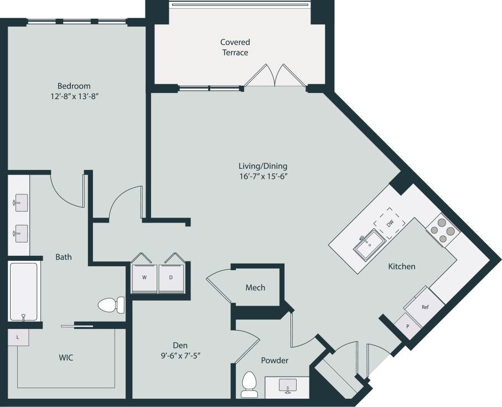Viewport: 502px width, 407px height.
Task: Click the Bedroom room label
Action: pyautogui.click(x=74, y=86)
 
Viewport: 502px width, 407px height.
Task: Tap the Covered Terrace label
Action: pyautogui.click(x=235, y=48)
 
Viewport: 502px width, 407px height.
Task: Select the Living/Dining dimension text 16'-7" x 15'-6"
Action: pyautogui.click(x=263, y=177)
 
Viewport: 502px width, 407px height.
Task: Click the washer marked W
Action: pyautogui.click(x=144, y=277)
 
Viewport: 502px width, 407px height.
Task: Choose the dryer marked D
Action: pyautogui.click(x=171, y=277)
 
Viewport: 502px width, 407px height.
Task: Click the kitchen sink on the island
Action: pyautogui.click(x=369, y=245)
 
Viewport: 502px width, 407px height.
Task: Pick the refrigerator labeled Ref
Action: pyautogui.click(x=425, y=306)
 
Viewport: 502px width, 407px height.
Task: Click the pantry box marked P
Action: pyautogui.click(x=408, y=326)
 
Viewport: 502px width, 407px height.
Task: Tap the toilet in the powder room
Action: pyautogui.click(x=250, y=384)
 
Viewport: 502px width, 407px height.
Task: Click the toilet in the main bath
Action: pyautogui.click(x=111, y=305)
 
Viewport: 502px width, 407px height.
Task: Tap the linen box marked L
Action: pyautogui.click(x=18, y=337)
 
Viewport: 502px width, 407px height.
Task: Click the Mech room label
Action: pyautogui.click(x=255, y=287)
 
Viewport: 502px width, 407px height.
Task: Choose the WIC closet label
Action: pyautogui.click(x=65, y=358)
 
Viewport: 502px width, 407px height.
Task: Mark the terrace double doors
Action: pyautogui.click(x=275, y=76)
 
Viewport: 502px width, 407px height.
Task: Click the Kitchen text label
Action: pyautogui.click(x=401, y=266)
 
